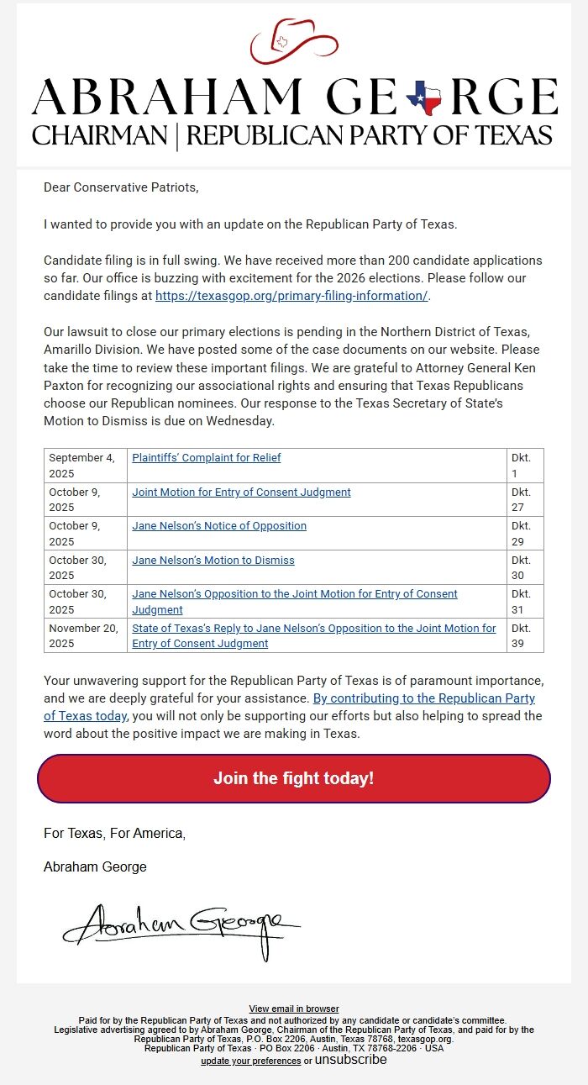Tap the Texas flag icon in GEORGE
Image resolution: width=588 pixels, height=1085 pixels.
424,99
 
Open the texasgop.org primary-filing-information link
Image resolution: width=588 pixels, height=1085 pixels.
291,295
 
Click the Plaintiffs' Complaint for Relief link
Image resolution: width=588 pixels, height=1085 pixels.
206,458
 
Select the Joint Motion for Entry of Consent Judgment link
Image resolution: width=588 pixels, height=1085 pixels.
241,492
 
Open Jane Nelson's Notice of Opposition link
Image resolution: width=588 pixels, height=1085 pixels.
218,526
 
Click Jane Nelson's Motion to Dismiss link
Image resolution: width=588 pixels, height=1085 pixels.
213,560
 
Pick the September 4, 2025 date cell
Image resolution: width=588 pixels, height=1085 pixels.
85,466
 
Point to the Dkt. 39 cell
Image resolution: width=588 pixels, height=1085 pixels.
524,635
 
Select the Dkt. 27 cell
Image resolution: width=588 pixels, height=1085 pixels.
524,499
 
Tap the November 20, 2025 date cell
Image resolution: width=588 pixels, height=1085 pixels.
85,635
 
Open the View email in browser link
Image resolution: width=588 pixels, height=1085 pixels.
293,1009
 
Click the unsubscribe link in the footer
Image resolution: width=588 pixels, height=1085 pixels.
350,1060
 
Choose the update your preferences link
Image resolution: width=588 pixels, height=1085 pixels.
250,1061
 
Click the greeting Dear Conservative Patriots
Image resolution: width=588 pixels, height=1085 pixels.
121,187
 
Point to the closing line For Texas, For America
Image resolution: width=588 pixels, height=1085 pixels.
114,833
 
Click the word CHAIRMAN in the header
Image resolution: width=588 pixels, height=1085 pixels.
99,135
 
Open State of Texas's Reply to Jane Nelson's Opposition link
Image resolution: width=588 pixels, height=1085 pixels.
313,635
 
